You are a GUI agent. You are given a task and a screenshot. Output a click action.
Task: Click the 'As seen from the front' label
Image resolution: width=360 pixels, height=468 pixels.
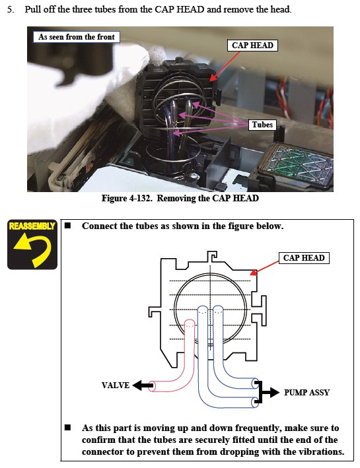[76, 37]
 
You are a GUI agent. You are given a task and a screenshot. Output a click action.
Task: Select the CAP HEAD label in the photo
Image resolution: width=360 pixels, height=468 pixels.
[252, 46]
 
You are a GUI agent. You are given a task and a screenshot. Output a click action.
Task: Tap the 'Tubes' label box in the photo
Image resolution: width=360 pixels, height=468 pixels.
[262, 125]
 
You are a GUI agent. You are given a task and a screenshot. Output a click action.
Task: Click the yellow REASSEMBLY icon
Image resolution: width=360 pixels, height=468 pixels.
[32, 244]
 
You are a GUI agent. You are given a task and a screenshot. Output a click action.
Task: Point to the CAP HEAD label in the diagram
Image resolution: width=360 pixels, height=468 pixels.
[304, 258]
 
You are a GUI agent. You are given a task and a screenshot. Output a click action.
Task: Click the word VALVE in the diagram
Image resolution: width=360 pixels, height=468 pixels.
[116, 385]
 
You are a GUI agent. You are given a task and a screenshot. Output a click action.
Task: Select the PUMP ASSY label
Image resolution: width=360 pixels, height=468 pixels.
[306, 393]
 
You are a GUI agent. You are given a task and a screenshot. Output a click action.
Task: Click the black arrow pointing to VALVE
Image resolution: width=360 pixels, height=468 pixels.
[143, 385]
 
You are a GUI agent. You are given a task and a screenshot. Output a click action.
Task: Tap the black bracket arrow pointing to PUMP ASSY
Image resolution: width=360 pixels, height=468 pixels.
[266, 392]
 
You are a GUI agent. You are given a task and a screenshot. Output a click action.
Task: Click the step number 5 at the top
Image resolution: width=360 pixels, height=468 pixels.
[10, 9]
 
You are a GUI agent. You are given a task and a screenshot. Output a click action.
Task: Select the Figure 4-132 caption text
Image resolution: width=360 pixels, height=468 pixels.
[180, 198]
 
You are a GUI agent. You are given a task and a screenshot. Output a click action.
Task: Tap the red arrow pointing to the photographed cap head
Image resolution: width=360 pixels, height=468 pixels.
[225, 66]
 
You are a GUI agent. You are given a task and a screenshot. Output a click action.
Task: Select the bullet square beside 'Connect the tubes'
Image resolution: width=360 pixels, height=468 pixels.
[68, 225]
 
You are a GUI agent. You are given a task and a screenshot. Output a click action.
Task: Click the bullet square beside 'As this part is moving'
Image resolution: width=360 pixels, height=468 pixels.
[68, 428]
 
